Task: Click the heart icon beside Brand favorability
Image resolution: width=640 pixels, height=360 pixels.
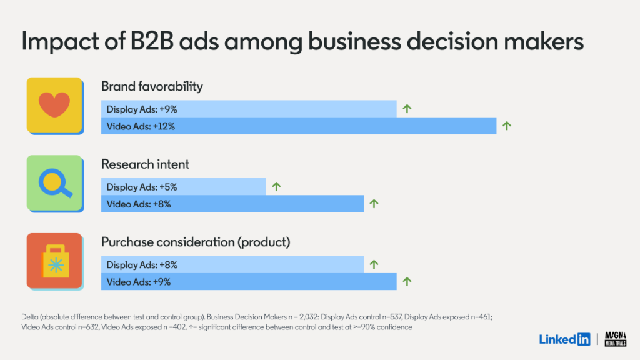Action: pyautogui.click(x=54, y=104)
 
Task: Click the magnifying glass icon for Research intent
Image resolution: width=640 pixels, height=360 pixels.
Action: pyautogui.click(x=54, y=182)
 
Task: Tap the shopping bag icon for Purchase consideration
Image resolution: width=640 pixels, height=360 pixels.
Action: pyautogui.click(x=54, y=261)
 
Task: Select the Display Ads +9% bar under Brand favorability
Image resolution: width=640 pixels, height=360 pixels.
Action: pyautogui.click(x=249, y=109)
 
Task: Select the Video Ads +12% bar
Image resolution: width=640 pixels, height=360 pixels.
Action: pyautogui.click(x=299, y=126)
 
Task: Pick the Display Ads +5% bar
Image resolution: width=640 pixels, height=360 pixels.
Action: pyautogui.click(x=183, y=187)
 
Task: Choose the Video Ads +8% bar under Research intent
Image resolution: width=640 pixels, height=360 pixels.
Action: pyautogui.click(x=232, y=204)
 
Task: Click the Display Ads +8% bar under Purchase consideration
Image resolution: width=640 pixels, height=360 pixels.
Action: pyautogui.click(x=232, y=265)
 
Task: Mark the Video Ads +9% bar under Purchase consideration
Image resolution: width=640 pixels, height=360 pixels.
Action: pyautogui.click(x=249, y=282)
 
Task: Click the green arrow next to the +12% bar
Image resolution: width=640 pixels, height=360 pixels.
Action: pyautogui.click(x=507, y=126)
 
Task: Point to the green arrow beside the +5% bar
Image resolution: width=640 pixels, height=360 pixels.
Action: pyautogui.click(x=276, y=187)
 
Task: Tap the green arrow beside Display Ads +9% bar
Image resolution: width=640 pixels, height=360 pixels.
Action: pyautogui.click(x=407, y=109)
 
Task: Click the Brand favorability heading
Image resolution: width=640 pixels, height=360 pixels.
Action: pyautogui.click(x=152, y=86)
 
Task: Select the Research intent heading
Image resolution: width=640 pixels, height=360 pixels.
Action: pyautogui.click(x=145, y=164)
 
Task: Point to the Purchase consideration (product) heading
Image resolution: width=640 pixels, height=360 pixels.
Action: pyautogui.click(x=196, y=242)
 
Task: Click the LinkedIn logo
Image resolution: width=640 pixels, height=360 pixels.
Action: pyautogui.click(x=564, y=339)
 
